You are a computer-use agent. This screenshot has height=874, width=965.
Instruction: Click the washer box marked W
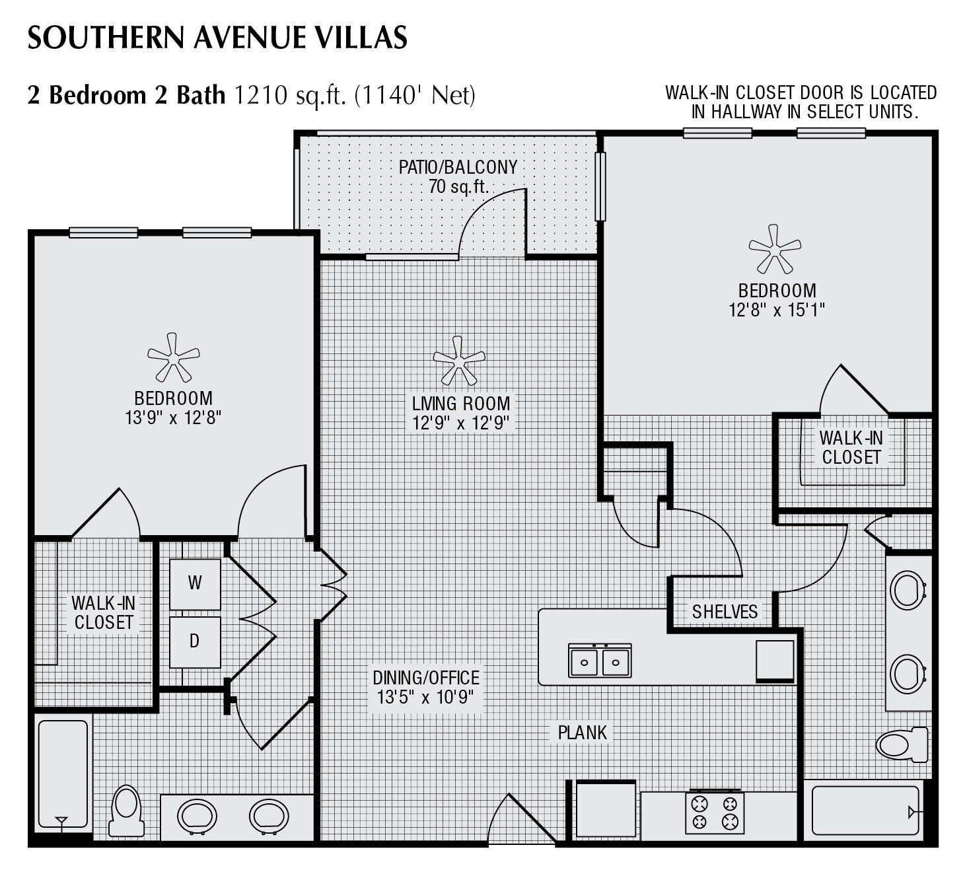tap(195, 583)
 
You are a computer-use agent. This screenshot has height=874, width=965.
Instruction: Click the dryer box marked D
tap(195, 641)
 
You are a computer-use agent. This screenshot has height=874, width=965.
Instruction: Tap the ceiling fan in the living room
tap(458, 361)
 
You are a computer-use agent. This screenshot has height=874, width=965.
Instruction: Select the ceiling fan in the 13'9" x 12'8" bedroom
tap(173, 357)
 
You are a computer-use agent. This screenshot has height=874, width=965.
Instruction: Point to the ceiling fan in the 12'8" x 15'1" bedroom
tap(774, 249)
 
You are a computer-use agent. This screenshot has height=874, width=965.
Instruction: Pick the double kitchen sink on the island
tap(600, 660)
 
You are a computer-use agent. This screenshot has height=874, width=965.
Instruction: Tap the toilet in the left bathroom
tap(126, 811)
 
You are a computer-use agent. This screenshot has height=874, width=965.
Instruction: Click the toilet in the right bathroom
tap(901, 744)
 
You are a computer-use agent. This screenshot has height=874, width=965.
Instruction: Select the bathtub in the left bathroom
tap(63, 773)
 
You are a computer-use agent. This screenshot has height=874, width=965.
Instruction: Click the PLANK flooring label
tap(582, 732)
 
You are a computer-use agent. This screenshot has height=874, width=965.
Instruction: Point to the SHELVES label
tap(725, 612)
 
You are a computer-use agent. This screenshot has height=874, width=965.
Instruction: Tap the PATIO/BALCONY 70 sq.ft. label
tap(458, 176)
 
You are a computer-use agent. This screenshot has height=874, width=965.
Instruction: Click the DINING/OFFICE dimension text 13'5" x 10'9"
tap(425, 697)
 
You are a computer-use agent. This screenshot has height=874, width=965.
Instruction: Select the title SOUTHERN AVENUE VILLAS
tap(217, 38)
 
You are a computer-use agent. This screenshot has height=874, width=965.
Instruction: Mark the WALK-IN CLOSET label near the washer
tap(104, 612)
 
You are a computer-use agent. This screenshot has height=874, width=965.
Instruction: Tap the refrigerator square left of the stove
tap(606, 810)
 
